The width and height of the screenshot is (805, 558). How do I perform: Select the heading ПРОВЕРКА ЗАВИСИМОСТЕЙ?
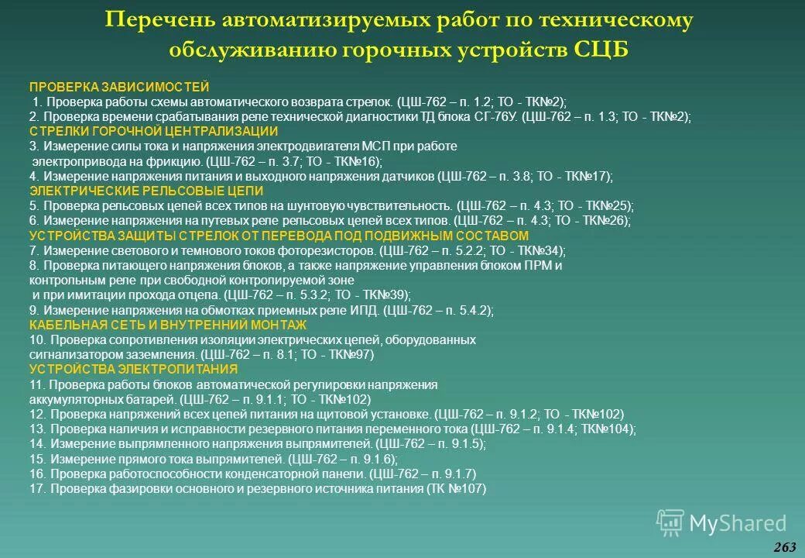(x=118, y=87)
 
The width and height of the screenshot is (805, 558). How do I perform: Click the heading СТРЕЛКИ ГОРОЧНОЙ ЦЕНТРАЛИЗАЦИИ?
(x=152, y=131)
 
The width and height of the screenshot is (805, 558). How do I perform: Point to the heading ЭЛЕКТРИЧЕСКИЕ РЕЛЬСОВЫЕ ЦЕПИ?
(x=146, y=191)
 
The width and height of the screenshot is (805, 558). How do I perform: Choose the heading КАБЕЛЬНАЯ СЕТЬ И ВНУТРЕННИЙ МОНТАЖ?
(x=168, y=325)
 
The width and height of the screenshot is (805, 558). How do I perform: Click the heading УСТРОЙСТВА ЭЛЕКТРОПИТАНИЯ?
(x=133, y=369)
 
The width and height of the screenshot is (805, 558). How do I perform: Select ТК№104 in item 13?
(x=608, y=429)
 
